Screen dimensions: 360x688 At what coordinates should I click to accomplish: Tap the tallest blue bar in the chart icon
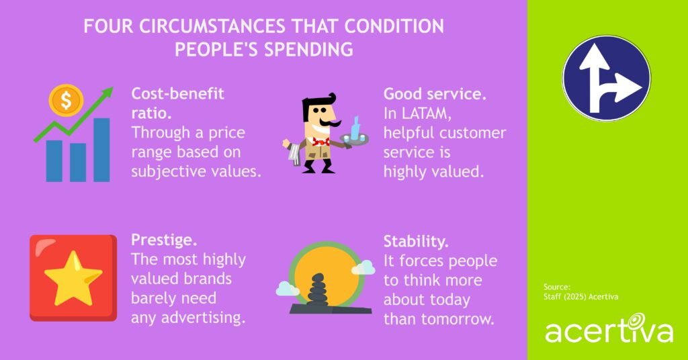pos(101,150)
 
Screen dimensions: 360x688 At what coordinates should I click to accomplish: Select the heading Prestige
pos(159,240)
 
